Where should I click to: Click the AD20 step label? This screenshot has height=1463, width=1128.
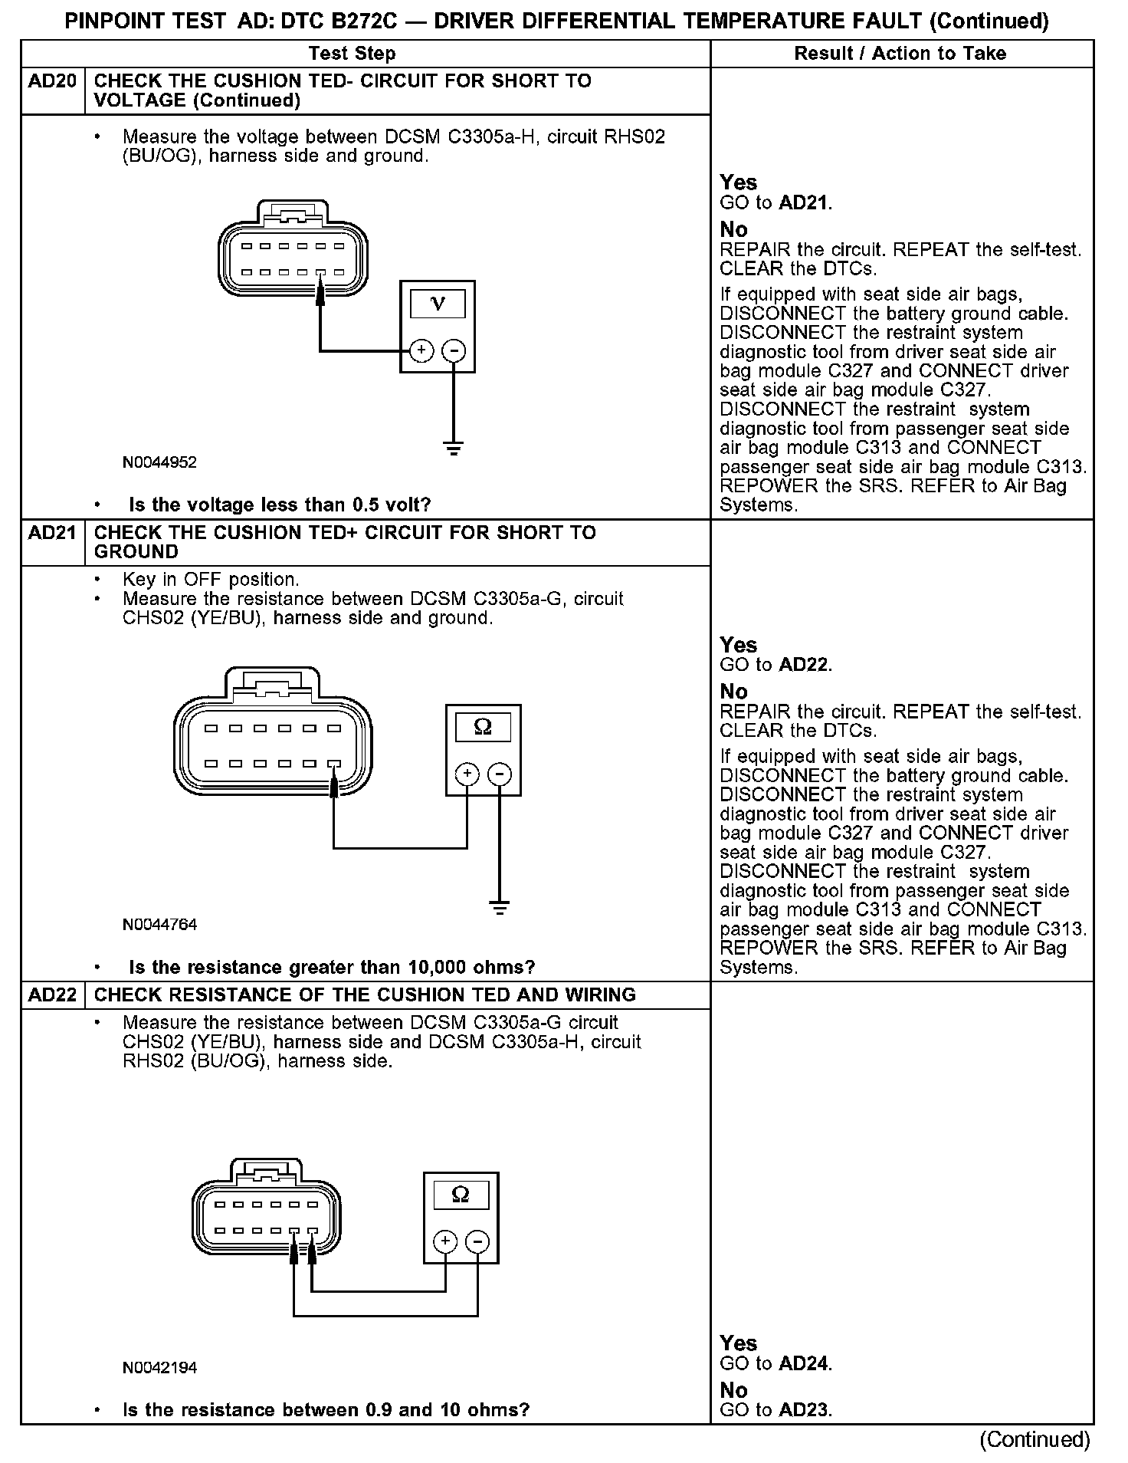pyautogui.click(x=52, y=81)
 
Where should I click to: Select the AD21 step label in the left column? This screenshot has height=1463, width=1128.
pyautogui.click(x=52, y=533)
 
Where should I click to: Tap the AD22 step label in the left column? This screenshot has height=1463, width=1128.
pyautogui.click(x=52, y=995)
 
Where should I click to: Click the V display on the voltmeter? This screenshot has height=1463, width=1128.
pyautogui.click(x=438, y=304)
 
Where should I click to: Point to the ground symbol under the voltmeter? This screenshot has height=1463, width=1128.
pyautogui.click(x=454, y=448)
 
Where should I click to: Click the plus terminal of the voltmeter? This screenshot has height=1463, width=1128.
pyautogui.click(x=421, y=351)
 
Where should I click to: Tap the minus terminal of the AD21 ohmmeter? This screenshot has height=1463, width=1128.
pyautogui.click(x=500, y=774)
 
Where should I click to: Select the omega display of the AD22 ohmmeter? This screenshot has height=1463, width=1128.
pyautogui.click(x=461, y=1195)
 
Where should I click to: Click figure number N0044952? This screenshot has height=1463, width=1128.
pyautogui.click(x=159, y=462)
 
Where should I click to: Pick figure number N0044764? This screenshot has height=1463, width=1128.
pyautogui.click(x=159, y=925)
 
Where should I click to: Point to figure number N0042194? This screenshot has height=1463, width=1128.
pyautogui.click(x=159, y=1367)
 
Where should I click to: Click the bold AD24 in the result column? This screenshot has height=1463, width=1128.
pyautogui.click(x=805, y=1364)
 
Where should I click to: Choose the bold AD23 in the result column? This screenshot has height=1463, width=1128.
pyautogui.click(x=805, y=1409)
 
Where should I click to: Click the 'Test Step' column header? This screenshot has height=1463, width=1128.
pyautogui.click(x=352, y=54)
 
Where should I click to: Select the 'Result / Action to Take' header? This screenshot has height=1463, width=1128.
pyautogui.click(x=900, y=54)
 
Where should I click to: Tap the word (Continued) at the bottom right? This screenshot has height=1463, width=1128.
pyautogui.click(x=1035, y=1439)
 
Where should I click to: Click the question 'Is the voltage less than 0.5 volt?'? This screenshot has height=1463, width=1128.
pyautogui.click(x=280, y=505)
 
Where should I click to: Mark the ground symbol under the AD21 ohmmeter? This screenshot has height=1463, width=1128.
pyautogui.click(x=500, y=909)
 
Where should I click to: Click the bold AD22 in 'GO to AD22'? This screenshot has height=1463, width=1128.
pyautogui.click(x=805, y=665)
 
